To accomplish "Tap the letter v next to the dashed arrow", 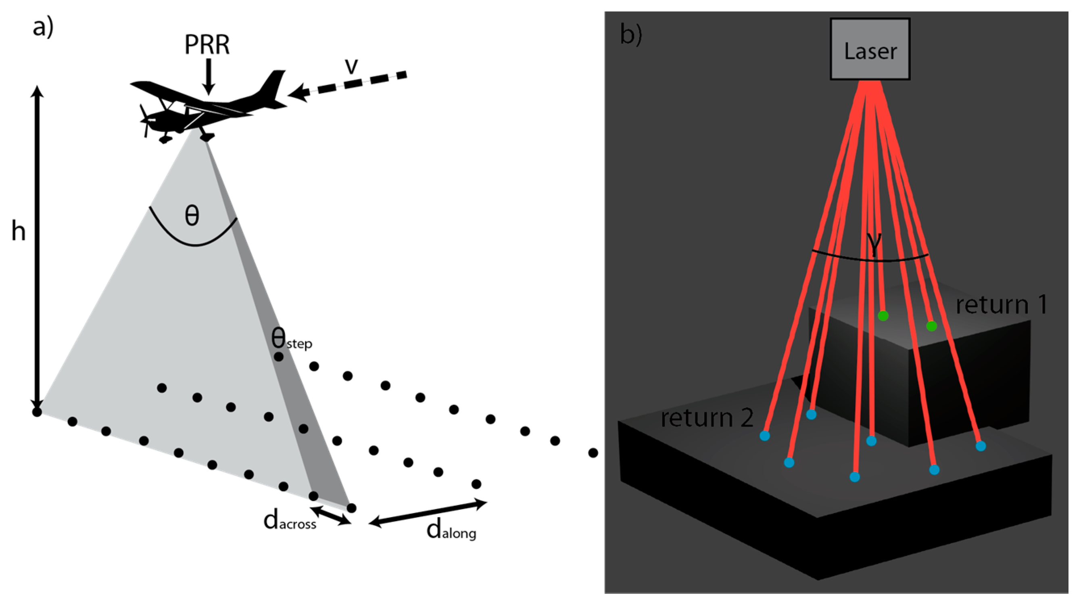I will (351, 66).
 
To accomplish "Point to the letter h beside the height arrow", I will (18, 231).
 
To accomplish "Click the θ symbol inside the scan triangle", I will (192, 216).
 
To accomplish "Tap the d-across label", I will (289, 522).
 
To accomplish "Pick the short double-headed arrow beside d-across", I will (331, 515).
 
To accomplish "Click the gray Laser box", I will (870, 49).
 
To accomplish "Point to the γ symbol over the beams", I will (874, 243).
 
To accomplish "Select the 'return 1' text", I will (1001, 304).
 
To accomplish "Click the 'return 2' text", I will (707, 418).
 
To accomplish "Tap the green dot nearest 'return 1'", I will (931, 326).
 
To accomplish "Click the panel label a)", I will (43, 28).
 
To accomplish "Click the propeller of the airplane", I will (145, 120).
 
